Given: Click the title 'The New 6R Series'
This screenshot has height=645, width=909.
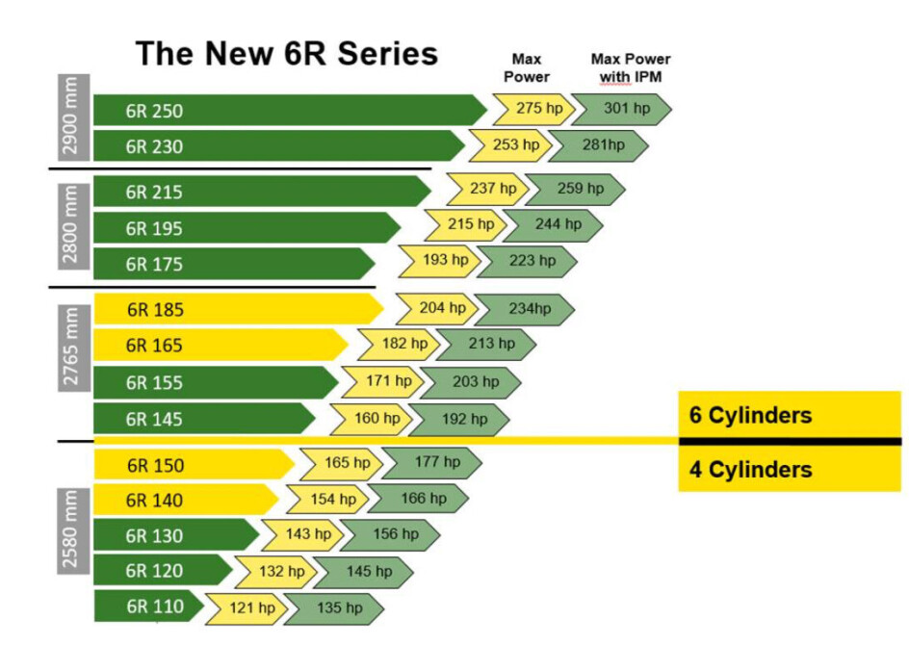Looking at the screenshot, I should pos(286,53).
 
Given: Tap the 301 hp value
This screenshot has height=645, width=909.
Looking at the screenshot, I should pos(621,109).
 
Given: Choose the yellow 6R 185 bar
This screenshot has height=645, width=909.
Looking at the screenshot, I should pos(237,310).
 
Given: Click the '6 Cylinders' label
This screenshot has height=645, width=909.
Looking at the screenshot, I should pos(751,416).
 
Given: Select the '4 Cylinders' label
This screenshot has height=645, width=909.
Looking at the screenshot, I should pos(751,470).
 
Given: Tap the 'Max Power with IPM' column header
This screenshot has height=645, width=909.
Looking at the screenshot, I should pos(631,67).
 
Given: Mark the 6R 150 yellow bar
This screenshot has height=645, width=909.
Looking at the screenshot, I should pos(193,465).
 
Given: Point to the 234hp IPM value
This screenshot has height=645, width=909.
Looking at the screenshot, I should pos(524,309).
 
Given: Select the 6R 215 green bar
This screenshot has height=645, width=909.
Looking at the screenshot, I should pos(260,192).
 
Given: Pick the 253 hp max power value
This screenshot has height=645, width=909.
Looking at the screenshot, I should pos(510,145).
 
